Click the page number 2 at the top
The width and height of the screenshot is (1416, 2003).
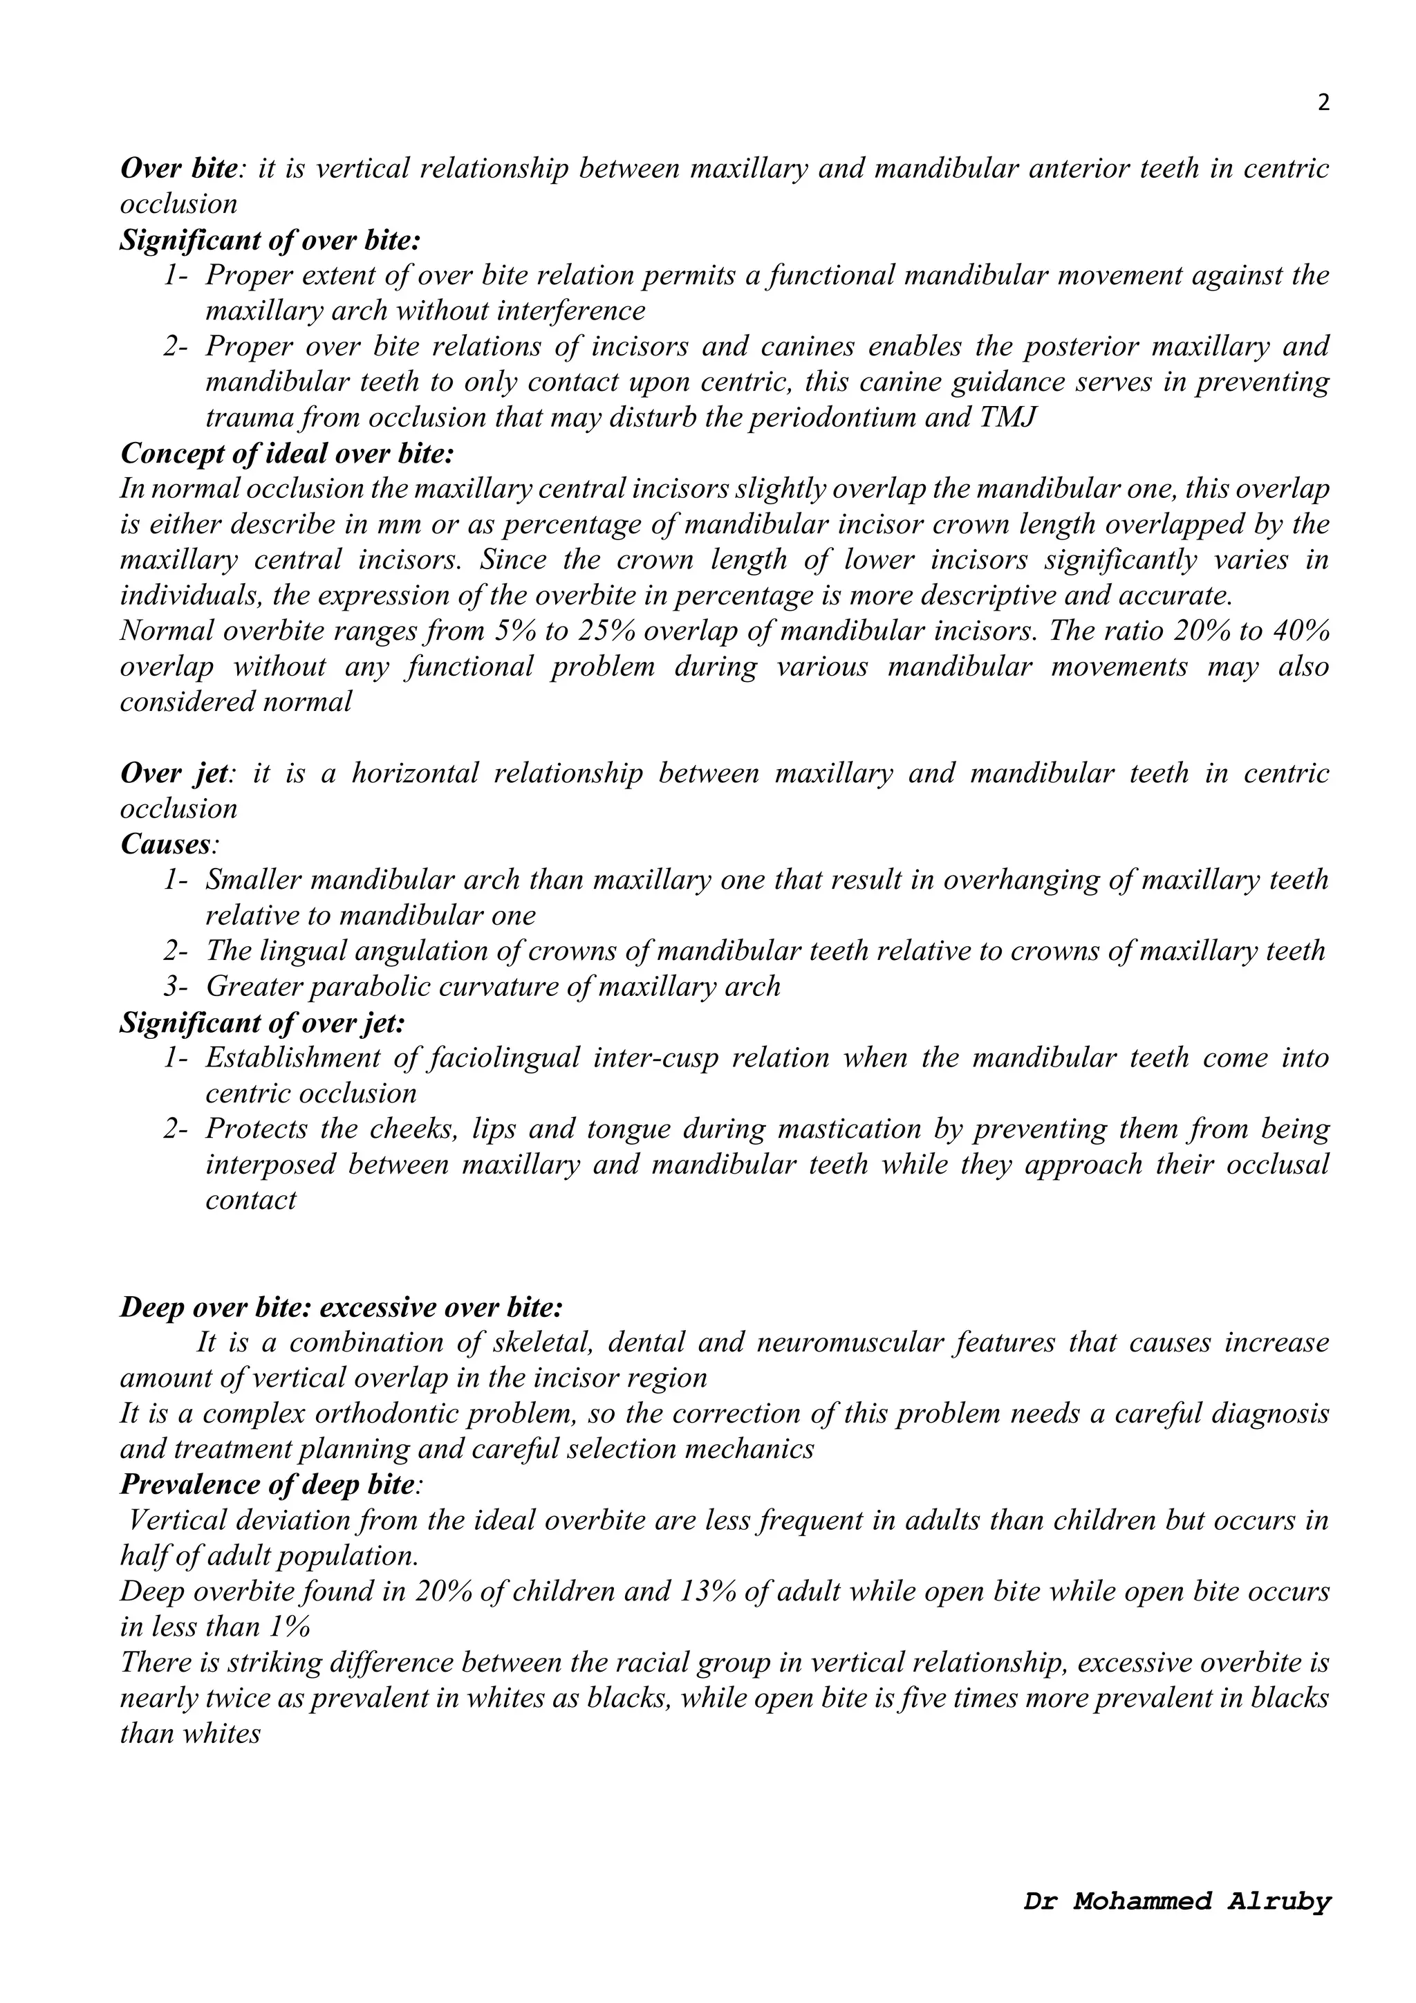point(1323,104)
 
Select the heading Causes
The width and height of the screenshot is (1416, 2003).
point(168,844)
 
